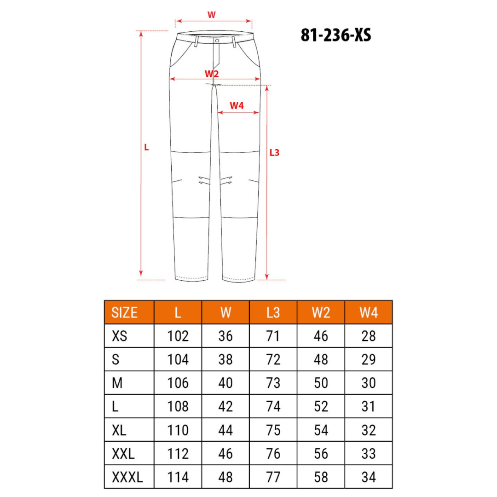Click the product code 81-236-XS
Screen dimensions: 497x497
336,35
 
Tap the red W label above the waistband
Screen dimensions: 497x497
211,15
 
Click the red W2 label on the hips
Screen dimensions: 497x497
212,74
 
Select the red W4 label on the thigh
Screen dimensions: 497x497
237,106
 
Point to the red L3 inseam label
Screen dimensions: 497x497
274,152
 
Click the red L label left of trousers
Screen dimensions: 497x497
146,148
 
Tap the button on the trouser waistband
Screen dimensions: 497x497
216,41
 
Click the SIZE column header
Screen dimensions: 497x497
124,312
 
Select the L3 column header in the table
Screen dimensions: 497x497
273,312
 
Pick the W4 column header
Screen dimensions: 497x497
369,312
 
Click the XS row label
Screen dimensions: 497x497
120,336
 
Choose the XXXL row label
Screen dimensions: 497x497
127,477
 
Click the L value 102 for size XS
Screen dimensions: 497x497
178,336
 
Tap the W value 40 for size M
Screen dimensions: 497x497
225,383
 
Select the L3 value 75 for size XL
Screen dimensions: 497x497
273,430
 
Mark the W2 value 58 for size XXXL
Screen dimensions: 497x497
321,477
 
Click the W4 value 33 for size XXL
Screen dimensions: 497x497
369,454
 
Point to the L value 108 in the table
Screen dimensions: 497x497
178,406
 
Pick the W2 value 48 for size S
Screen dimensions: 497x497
321,359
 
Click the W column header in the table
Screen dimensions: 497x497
225,312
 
